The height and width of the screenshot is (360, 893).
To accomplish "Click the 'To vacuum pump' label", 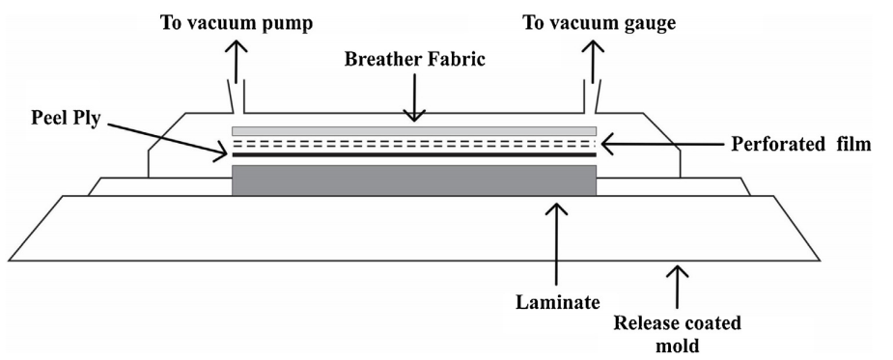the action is pyautogui.click(x=237, y=23).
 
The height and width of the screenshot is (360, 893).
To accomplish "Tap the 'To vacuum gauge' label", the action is pyautogui.click(x=600, y=23).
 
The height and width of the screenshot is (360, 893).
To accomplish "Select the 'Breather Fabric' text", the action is pyautogui.click(x=414, y=59).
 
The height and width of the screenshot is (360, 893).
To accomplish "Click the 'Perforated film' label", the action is pyautogui.click(x=800, y=144).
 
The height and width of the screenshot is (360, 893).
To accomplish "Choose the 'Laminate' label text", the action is pyautogui.click(x=558, y=302).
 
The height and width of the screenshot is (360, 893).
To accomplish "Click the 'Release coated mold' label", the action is pyautogui.click(x=677, y=334).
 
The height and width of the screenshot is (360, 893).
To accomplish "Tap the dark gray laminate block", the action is pyautogui.click(x=414, y=180).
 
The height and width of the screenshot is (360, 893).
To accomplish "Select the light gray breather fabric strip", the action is pyautogui.click(x=414, y=131).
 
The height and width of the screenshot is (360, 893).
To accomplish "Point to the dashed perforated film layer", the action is pyautogui.click(x=414, y=143).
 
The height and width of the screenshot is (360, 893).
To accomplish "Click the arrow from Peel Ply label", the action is pyautogui.click(x=166, y=138).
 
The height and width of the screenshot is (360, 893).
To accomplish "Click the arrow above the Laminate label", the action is pyautogui.click(x=556, y=244).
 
